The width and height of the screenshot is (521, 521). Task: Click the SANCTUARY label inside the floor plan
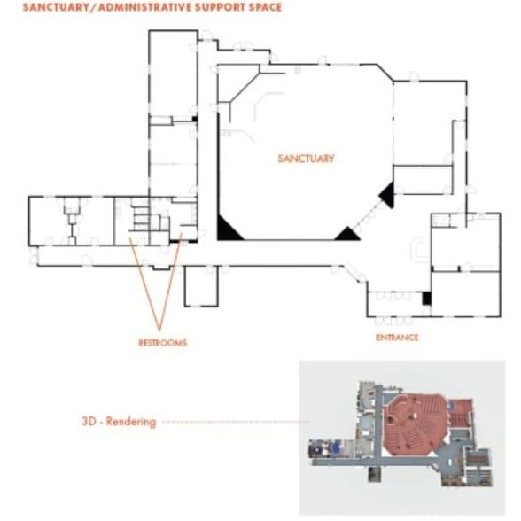[x=306, y=159]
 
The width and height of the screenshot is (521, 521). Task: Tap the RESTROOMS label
[x=162, y=343]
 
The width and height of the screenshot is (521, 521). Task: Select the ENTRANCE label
[x=397, y=338]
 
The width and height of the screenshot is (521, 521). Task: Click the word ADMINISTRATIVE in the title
[x=145, y=7]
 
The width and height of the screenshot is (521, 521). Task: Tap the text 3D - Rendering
[x=119, y=422]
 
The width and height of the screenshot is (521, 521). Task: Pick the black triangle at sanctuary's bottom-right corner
[x=347, y=235]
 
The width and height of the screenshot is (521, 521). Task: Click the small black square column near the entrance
[x=427, y=298]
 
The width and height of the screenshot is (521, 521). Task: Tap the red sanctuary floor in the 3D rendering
[x=416, y=424]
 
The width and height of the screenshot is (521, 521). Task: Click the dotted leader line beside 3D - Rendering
[x=237, y=422]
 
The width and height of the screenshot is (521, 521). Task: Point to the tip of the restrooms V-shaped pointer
[x=159, y=331]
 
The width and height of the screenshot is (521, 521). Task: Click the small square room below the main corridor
[x=201, y=285]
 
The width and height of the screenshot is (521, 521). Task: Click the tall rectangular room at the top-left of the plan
[x=173, y=73]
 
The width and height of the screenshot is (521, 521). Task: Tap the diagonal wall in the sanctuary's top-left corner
[x=245, y=86]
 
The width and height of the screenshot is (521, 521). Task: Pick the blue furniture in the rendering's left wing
[x=336, y=447]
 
